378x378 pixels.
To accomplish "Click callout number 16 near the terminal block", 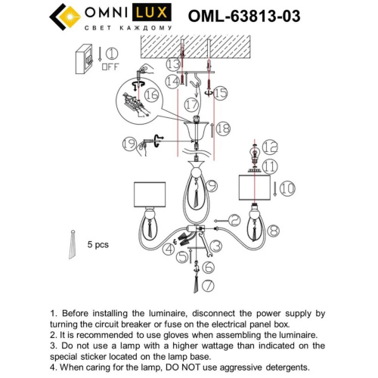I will coord(151,94).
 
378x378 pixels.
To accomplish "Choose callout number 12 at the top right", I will coord(271,146).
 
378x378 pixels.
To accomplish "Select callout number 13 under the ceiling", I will coord(174,64).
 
